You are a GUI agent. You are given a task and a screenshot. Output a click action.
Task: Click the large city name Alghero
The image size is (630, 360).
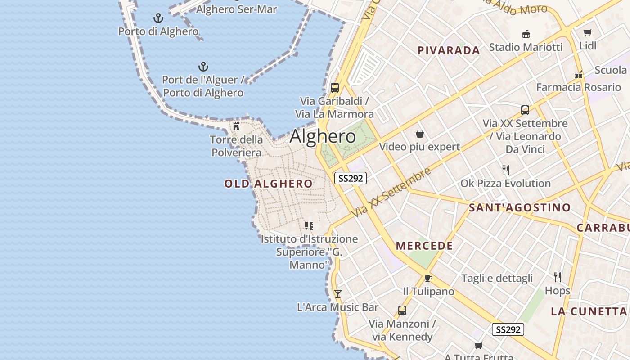coord(323,136)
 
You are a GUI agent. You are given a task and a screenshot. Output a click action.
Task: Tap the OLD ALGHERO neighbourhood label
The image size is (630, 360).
coord(268,184)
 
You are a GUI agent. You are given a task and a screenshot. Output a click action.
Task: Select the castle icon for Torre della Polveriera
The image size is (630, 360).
coord(236,126)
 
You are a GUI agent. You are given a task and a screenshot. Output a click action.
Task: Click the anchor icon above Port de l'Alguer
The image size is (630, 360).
coord(203,67)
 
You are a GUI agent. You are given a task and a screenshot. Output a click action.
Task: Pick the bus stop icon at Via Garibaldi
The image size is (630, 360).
coord(334,88)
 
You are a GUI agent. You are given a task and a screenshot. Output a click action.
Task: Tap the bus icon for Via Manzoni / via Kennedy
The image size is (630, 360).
coord(402,310)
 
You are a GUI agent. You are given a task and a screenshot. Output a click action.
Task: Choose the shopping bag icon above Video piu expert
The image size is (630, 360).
coord(420,134)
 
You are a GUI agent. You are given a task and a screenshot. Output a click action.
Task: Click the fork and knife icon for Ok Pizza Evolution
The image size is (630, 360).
coord(506,170)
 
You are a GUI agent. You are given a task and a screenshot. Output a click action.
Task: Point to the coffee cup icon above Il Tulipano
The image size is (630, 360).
coord(428,278)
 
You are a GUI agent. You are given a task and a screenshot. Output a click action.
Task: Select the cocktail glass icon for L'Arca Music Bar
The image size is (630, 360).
coord(337,294)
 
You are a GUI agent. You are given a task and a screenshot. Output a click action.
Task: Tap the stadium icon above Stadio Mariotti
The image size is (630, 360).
coord(526,34)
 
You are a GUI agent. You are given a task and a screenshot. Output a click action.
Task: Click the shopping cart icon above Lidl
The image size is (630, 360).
coord(587,32)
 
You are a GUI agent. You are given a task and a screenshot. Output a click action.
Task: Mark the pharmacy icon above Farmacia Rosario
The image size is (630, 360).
coord(579,74)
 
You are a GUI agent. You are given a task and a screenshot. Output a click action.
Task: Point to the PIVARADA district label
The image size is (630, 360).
coord(449,50)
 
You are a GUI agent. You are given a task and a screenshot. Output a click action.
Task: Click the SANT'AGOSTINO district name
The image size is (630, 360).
coord(520,207)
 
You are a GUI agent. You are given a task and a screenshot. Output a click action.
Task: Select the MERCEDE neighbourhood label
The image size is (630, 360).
coord(424,246)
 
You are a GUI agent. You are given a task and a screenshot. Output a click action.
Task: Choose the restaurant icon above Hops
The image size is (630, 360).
coord(557,277)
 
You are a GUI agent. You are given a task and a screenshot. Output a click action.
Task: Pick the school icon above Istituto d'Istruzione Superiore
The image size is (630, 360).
coord(309,225)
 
